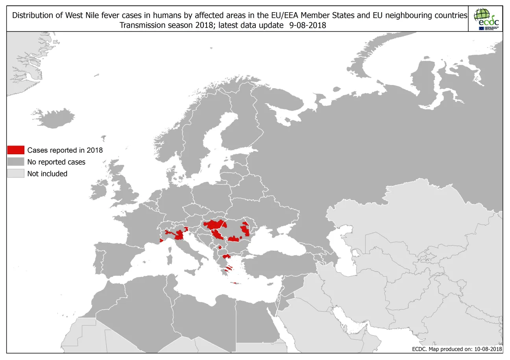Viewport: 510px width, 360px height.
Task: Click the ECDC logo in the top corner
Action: click(486, 19)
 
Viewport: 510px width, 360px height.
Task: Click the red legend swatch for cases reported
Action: click(16, 150)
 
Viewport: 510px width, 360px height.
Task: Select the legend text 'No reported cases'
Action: click(56, 162)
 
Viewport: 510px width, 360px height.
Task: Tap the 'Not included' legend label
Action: click(47, 174)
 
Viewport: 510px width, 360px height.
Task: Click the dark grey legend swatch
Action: click(16, 162)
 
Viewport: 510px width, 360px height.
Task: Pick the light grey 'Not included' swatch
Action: click(16, 174)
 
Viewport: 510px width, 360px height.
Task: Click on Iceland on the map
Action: click(58, 118)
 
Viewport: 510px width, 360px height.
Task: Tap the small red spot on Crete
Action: click(235, 283)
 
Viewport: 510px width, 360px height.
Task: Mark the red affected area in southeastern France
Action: click(161, 240)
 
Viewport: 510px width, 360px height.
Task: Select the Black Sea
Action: click(275, 244)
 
